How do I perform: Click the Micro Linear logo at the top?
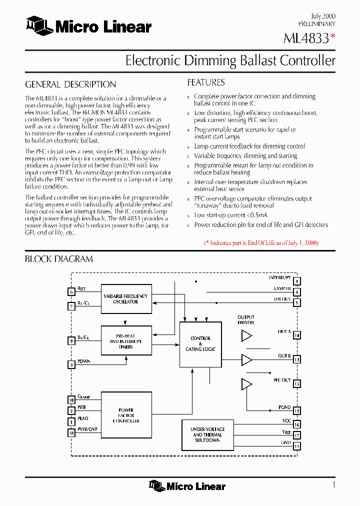88,26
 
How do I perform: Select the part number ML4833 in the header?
306,38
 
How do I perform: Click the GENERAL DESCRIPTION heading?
70,84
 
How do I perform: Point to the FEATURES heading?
205,82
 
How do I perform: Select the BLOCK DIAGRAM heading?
59,259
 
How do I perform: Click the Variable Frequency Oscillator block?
126,299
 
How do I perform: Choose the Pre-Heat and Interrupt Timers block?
126,341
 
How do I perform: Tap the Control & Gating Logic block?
200,344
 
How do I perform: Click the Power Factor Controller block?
126,415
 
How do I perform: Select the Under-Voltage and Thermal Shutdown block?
207,435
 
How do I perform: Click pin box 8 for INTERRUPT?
297,281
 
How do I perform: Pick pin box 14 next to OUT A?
297,335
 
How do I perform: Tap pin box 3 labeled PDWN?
71,364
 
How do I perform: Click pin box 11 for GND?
297,446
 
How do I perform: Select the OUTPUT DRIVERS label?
246,320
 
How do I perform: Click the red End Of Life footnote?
261,243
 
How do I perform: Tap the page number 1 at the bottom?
333,485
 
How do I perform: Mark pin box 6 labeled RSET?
71,292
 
